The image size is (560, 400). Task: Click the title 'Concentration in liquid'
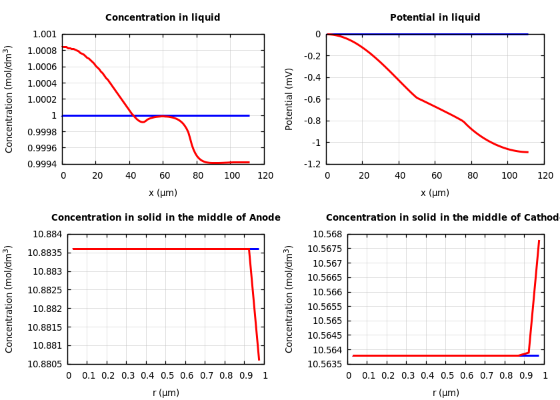coord(163,18)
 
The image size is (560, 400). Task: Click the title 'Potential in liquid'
coord(435,18)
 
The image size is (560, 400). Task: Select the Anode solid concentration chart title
coord(166,218)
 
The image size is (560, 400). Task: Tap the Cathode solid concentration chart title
coord(442,218)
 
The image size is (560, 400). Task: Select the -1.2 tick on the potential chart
coord(312,164)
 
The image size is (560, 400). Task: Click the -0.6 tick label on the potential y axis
coord(312,99)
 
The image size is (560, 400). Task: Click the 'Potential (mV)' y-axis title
coord(289,99)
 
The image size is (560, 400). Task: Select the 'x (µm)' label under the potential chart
coord(435,193)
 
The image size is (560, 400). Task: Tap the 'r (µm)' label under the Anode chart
coord(166,393)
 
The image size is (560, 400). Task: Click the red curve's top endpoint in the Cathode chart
coord(539,241)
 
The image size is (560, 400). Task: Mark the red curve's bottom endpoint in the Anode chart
coord(259,360)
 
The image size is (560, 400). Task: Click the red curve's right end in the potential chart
coord(527,152)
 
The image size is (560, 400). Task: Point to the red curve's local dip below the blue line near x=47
coord(142,122)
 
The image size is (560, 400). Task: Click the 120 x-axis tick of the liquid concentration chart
coord(265,176)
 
